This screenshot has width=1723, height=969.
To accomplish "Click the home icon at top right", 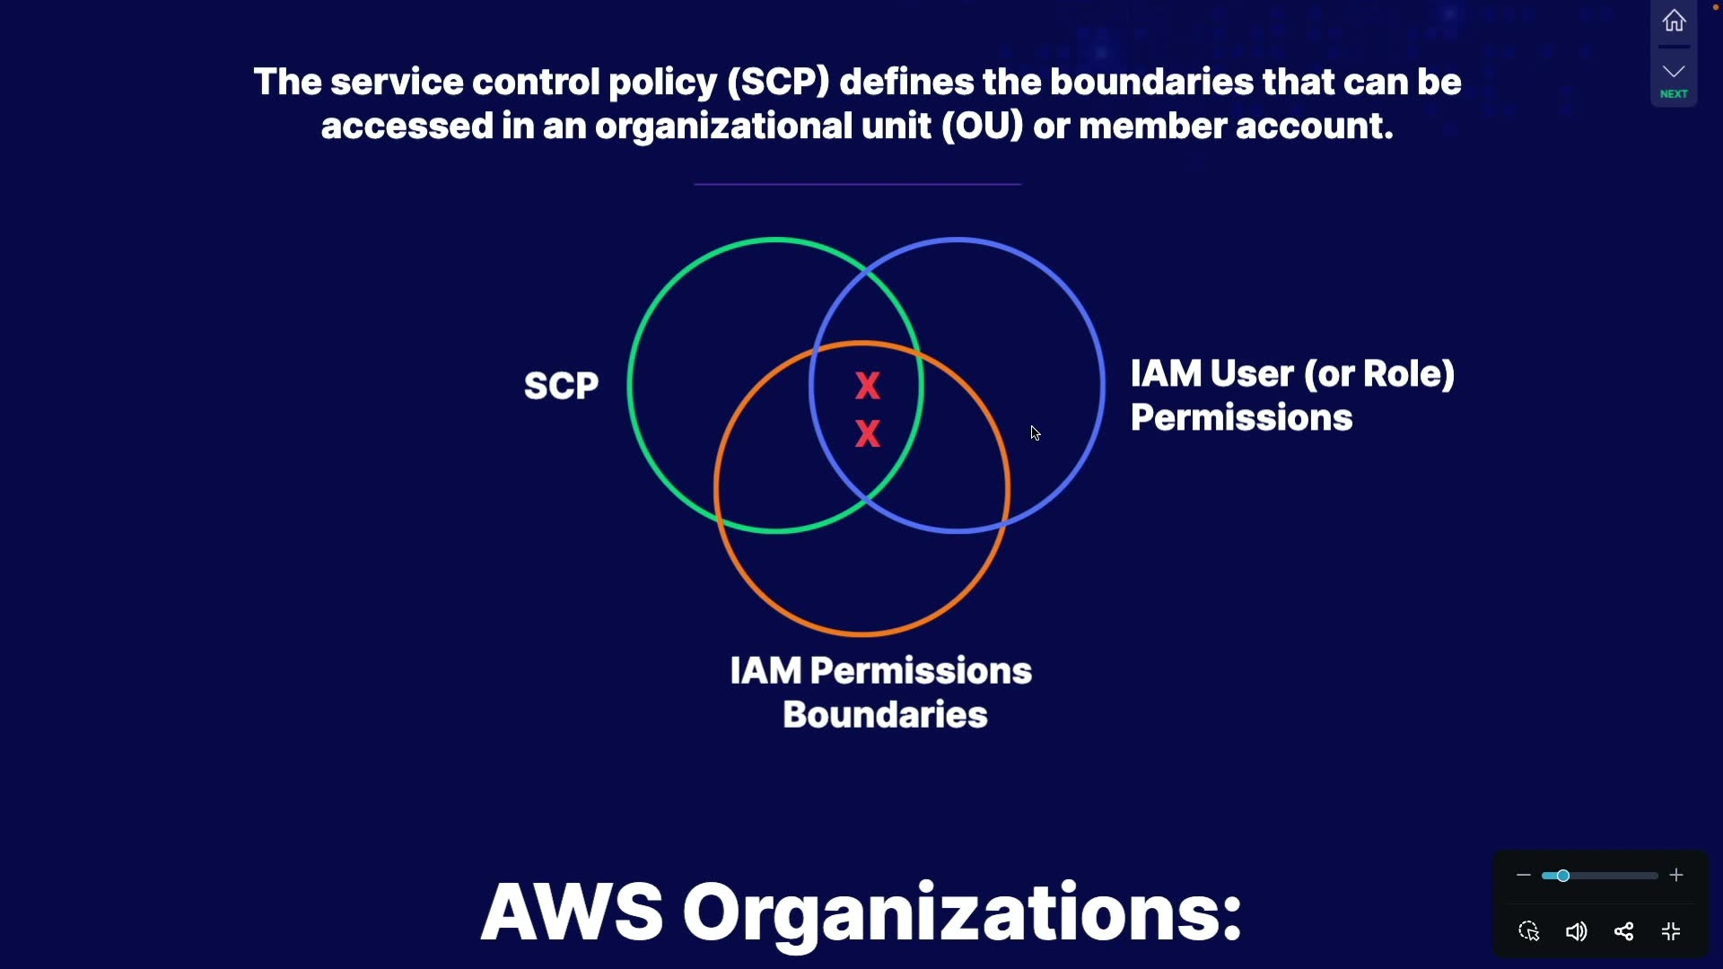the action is pos(1674,21).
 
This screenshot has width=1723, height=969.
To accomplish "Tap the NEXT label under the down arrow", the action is pos(1674,94).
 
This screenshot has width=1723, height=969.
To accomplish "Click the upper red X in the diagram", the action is pos(868,386).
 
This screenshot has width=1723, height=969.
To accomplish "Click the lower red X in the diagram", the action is pos(868,434).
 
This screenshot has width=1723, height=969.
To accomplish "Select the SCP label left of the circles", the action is pos(561,386).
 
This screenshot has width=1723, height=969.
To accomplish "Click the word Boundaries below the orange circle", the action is pos(885,715).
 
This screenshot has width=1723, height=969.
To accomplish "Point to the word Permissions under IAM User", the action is pos(1241,418).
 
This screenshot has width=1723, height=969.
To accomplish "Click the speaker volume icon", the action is pos(1576,931).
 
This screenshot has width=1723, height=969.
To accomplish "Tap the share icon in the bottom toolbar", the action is pos(1623,931).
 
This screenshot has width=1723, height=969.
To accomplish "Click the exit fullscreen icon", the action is pos(1671,931).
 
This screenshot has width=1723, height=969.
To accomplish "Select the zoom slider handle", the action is pos(1562,876).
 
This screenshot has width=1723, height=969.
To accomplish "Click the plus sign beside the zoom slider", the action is pos(1676,875).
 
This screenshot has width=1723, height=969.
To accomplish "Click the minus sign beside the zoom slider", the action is pos(1523,875).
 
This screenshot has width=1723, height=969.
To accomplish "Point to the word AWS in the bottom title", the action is pos(573,912).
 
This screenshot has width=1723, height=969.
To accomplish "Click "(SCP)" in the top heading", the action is pos(778,83).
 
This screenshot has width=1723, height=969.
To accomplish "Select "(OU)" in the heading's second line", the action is pos(983,127).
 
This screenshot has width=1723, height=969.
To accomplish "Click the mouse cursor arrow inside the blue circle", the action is pos(1035,433).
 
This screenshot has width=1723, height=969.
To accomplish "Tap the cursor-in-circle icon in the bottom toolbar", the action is pos(1529,931).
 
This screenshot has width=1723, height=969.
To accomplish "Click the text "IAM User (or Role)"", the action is pos(1292,374).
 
